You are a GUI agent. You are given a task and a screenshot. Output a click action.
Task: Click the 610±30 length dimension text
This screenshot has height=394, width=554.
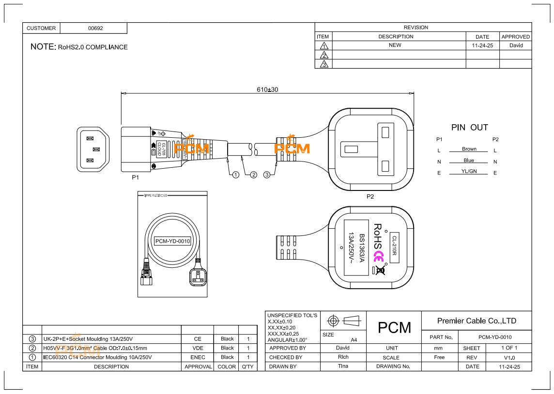point(267,89)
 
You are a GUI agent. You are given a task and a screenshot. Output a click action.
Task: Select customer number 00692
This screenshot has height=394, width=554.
point(95,28)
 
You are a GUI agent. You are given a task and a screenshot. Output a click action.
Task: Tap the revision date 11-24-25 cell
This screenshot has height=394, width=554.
point(482,45)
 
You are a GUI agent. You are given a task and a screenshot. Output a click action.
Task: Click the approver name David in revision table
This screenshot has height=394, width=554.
point(516,45)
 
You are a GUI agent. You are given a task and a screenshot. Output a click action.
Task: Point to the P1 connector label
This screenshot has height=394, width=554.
point(136,177)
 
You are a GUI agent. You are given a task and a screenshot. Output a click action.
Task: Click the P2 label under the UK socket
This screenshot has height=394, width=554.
point(370,197)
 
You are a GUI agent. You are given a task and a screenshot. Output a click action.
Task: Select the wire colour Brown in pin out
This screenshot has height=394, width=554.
point(469,149)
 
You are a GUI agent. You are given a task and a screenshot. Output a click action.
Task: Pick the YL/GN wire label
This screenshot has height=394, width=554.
point(469,172)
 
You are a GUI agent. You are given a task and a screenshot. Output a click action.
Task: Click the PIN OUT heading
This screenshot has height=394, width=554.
point(469,128)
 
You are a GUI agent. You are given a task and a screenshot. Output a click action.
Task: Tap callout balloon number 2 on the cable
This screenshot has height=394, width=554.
point(253,175)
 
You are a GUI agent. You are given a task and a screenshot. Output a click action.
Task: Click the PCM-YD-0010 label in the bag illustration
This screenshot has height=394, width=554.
point(172,241)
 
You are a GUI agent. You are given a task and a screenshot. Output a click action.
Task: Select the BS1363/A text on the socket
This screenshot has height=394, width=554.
point(361,247)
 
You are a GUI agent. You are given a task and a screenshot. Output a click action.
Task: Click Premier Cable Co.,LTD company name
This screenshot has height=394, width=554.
point(477,321)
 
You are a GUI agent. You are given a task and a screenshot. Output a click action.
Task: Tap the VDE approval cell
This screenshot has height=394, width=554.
point(198,348)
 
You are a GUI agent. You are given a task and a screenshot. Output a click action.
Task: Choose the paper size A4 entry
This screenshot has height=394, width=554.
point(354,340)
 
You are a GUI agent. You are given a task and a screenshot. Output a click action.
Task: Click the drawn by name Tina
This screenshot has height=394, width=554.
point(343,366)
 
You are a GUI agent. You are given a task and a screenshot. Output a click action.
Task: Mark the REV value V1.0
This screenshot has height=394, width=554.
point(509,358)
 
